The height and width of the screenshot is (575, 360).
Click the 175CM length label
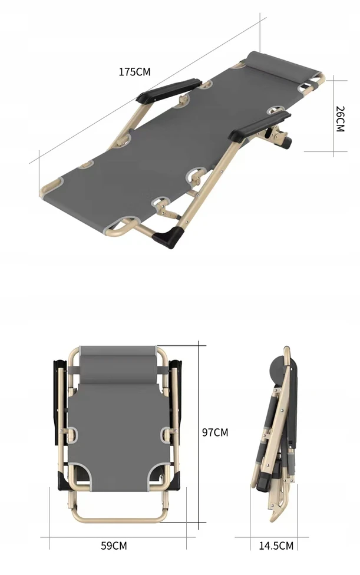click(134, 72)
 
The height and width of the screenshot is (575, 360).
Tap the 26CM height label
click(340, 119)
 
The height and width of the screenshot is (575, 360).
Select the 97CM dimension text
click(215, 432)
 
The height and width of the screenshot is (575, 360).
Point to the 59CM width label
click(114, 546)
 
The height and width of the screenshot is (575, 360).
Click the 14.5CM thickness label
click(276, 546)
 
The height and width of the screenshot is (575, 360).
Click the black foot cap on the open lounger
click(169, 237)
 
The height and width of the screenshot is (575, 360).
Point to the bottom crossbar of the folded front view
click(118, 519)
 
